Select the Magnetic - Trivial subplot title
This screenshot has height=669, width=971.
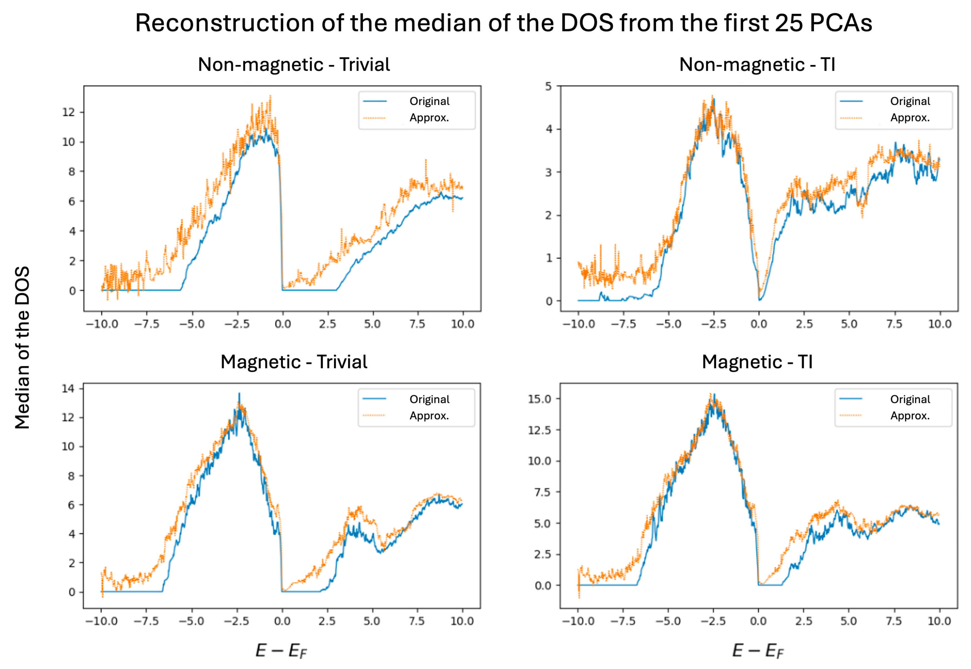[x=294, y=362]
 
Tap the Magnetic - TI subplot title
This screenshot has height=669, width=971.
[x=757, y=362]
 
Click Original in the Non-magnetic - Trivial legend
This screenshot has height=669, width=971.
[x=429, y=101]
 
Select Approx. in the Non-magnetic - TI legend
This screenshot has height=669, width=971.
[x=910, y=118]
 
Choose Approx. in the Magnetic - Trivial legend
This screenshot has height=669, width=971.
[x=429, y=416]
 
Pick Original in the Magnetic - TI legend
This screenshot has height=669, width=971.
[x=910, y=399]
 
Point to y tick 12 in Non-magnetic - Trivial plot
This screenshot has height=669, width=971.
[x=68, y=112]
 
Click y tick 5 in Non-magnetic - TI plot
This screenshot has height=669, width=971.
[x=548, y=86]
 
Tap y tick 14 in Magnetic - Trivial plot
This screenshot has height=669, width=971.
[x=68, y=389]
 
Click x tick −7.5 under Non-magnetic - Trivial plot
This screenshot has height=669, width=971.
[x=146, y=324]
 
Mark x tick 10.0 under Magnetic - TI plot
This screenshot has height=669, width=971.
[x=939, y=621]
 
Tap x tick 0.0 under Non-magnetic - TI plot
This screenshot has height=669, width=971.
[x=758, y=324]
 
